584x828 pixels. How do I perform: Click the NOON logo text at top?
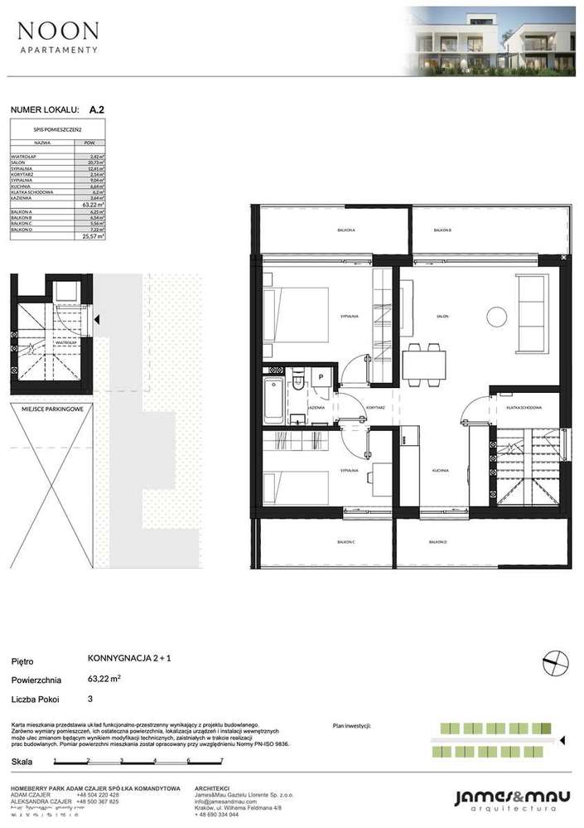pyautogui.click(x=58, y=32)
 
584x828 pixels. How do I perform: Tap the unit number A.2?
pyautogui.click(x=97, y=109)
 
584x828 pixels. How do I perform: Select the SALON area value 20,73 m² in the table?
pyautogui.click(x=96, y=162)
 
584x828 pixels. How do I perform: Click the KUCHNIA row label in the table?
pyautogui.click(x=22, y=186)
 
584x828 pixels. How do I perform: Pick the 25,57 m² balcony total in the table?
pyautogui.click(x=96, y=236)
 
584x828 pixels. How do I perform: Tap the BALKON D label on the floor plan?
pyautogui.click(x=437, y=542)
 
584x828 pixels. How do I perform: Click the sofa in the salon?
pyautogui.click(x=531, y=312)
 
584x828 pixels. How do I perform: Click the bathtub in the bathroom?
pyautogui.click(x=273, y=402)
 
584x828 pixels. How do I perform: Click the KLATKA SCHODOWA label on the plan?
pyautogui.click(x=524, y=408)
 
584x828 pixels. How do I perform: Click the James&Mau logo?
pyautogui.click(x=511, y=798)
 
